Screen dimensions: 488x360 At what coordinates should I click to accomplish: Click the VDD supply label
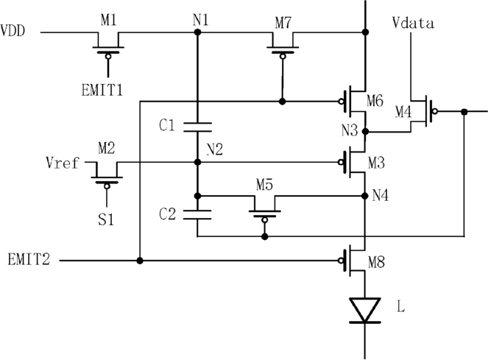click(13, 31)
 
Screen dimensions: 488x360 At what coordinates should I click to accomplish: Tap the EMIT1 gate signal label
click(102, 91)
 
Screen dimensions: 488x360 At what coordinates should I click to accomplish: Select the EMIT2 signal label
click(29, 259)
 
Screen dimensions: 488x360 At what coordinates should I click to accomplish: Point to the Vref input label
click(63, 163)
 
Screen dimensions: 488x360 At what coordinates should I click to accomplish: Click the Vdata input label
click(413, 23)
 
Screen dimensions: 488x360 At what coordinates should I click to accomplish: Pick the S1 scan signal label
click(106, 219)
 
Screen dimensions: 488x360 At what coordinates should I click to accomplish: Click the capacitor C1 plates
click(197, 127)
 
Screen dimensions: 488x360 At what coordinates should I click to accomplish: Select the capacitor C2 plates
click(197, 215)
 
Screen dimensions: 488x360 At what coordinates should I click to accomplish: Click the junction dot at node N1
click(197, 32)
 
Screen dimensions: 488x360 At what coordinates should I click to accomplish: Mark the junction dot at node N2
click(197, 162)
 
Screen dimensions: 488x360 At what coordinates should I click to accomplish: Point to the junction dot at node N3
click(365, 132)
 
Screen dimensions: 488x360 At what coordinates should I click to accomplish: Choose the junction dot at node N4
click(365, 196)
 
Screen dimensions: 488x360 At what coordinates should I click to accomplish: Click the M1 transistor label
click(109, 20)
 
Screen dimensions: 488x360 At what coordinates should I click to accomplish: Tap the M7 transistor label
click(283, 23)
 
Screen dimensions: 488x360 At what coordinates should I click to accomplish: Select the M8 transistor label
click(376, 263)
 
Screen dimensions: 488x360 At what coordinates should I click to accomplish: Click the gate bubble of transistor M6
click(341, 102)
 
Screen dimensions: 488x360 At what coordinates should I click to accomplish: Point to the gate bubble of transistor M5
click(264, 220)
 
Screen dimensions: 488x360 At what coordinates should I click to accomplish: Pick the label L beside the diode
click(401, 306)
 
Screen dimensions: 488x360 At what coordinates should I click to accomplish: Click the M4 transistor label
click(403, 112)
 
